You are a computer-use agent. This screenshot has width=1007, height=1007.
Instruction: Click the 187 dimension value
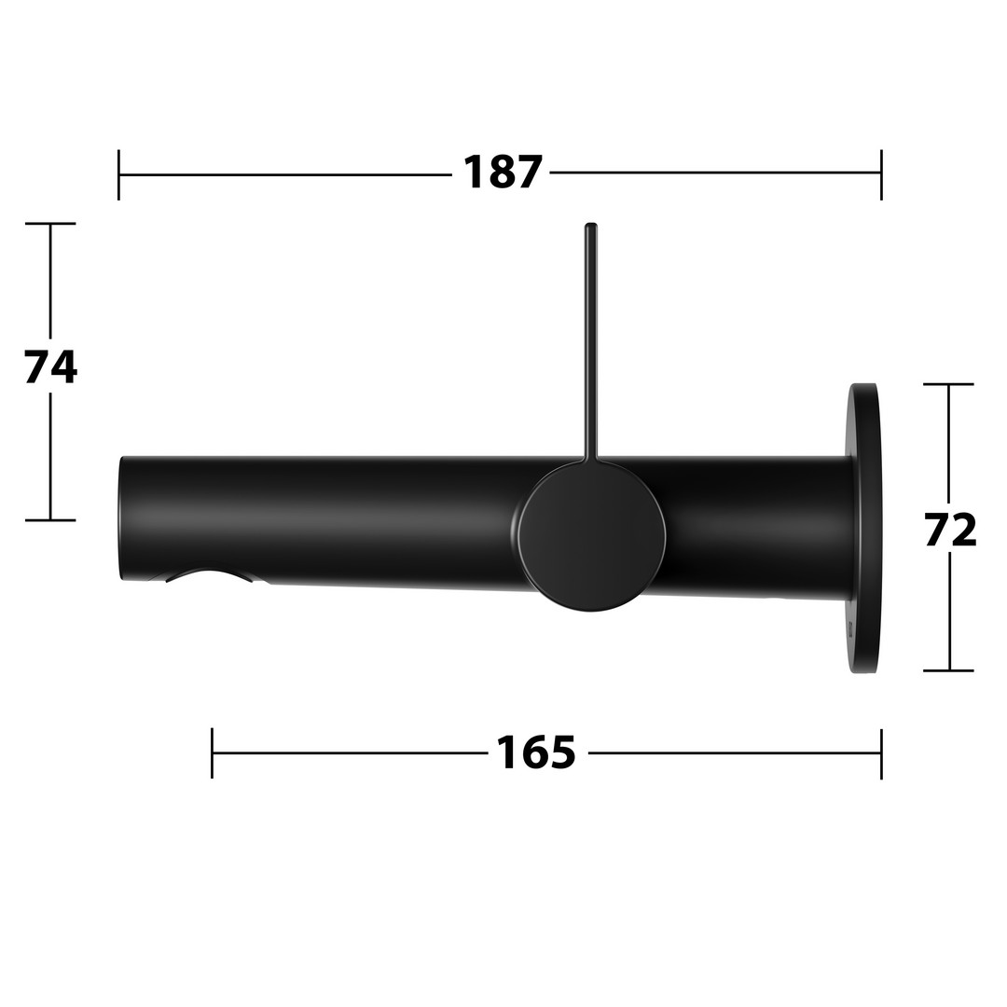tap(503, 172)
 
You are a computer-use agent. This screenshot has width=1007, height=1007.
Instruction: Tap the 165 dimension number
tap(536, 752)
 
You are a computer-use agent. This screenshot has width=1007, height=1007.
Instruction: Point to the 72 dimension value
tap(950, 530)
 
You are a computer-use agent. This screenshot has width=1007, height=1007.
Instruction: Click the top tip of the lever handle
tap(591, 224)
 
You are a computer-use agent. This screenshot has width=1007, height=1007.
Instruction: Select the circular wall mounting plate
tap(864, 528)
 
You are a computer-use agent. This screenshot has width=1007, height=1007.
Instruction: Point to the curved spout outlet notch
tap(206, 574)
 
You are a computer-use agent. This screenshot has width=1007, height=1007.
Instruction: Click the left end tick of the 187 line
tap(118, 174)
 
